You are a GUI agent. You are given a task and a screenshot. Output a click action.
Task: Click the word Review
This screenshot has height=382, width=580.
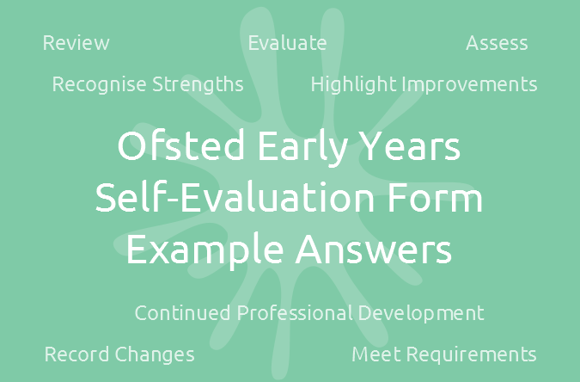[x=76, y=43]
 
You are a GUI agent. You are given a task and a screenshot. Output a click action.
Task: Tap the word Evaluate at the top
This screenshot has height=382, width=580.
[x=287, y=43]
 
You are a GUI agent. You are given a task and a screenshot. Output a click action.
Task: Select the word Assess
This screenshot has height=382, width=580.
[x=497, y=43]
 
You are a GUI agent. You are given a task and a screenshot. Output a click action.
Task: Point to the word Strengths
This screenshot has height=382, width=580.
[x=198, y=85]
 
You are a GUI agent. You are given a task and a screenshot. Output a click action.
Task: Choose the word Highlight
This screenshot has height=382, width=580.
[x=353, y=85]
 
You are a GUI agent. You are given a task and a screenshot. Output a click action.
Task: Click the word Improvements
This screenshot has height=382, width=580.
[x=469, y=85]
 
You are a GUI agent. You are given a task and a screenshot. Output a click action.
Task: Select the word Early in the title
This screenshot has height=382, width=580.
[x=303, y=148]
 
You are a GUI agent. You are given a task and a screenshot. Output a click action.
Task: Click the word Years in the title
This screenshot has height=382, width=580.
[x=410, y=146]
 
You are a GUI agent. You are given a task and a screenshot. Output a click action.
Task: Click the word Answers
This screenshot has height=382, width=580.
[x=374, y=249]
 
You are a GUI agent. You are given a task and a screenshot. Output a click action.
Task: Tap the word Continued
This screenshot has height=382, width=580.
[x=182, y=312]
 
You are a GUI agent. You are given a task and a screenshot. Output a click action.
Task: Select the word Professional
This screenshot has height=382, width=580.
[x=295, y=312]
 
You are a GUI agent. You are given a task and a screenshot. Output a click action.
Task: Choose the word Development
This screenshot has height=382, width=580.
[x=421, y=314]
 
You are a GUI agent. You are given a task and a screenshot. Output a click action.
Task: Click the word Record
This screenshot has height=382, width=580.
[x=77, y=354]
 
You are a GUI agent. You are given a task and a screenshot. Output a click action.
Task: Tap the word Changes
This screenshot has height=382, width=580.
[x=155, y=355]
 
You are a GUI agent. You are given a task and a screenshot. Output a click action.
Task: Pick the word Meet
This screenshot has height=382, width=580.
[x=376, y=354]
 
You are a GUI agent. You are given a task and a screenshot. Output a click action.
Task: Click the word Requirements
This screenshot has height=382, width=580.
[x=472, y=355]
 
